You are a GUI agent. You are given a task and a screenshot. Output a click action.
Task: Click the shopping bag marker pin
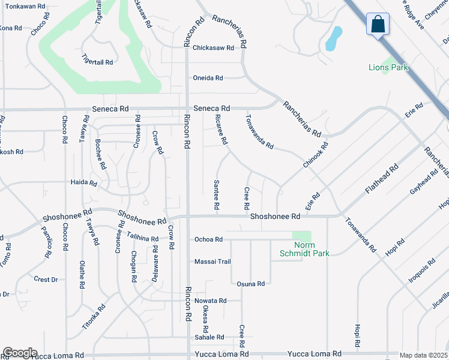[x=378, y=25]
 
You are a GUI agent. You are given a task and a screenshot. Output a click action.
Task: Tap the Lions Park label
[x=388, y=68]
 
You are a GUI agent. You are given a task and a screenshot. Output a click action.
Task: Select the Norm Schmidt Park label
[x=304, y=249]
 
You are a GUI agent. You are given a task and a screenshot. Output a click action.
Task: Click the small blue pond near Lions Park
[x=333, y=38]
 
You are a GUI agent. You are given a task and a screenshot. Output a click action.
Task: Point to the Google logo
[x=20, y=353]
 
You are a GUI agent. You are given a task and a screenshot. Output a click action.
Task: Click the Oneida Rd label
[x=208, y=78]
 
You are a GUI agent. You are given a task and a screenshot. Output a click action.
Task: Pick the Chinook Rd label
[x=316, y=154]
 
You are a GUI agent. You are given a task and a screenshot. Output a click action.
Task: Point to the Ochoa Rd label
[x=208, y=239]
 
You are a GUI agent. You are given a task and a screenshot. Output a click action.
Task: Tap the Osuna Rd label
[x=251, y=284]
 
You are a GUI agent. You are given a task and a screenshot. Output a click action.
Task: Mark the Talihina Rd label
[x=142, y=238]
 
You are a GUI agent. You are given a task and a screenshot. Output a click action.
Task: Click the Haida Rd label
[x=83, y=182]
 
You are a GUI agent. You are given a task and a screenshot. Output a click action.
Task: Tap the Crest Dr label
[x=46, y=280]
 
